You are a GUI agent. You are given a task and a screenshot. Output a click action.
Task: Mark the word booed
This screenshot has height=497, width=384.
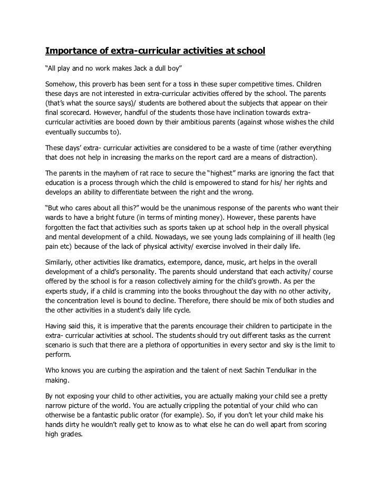click(121, 122)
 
